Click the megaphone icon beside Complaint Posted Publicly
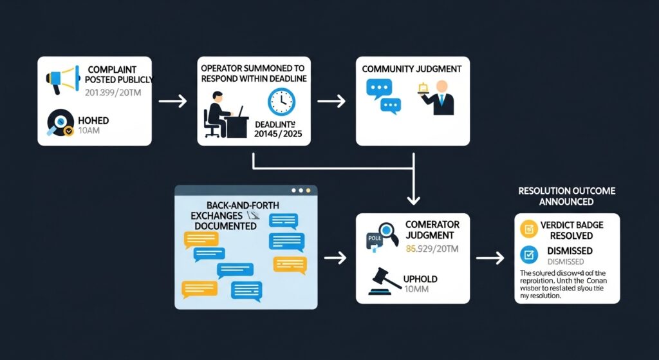(60, 79)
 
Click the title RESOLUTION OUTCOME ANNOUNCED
(566, 196)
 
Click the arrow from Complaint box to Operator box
(172, 101)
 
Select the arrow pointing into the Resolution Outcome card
(488, 258)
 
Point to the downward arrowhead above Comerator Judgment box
(411, 198)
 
